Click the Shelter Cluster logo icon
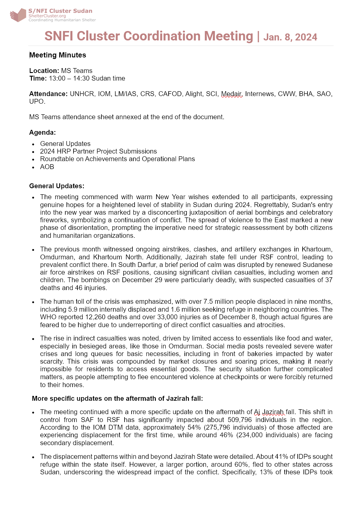(18, 15)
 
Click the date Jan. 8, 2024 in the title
(290, 37)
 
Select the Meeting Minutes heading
(58, 55)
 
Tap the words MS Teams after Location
(77, 71)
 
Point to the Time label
(38, 78)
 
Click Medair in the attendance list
(231, 94)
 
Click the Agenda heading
(43, 133)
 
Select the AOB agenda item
(47, 167)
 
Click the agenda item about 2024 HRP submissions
(98, 151)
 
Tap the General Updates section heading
(57, 186)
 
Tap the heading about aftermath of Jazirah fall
(117, 399)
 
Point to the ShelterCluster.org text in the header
(47, 16)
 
